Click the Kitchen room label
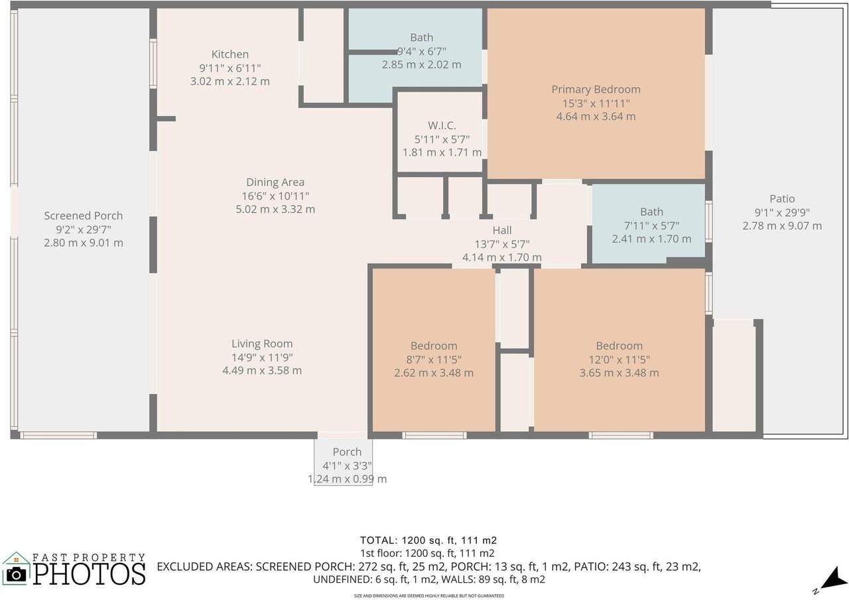tap(229, 54)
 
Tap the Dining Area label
tap(275, 182)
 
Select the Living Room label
tap(262, 344)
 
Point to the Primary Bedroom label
tap(596, 90)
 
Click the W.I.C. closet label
tap(442, 125)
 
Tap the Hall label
tap(502, 230)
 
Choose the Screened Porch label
tap(84, 216)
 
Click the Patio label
tap(782, 199)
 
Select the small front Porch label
tap(347, 452)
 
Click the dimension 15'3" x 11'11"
tap(596, 103)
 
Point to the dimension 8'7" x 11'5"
tap(434, 359)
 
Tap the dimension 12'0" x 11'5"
tap(619, 359)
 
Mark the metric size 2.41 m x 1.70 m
tap(651, 239)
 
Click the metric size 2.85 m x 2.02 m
tap(421, 65)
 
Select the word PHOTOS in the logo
tap(90, 574)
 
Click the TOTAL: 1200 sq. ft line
tap(428, 540)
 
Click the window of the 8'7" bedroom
tap(434, 436)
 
